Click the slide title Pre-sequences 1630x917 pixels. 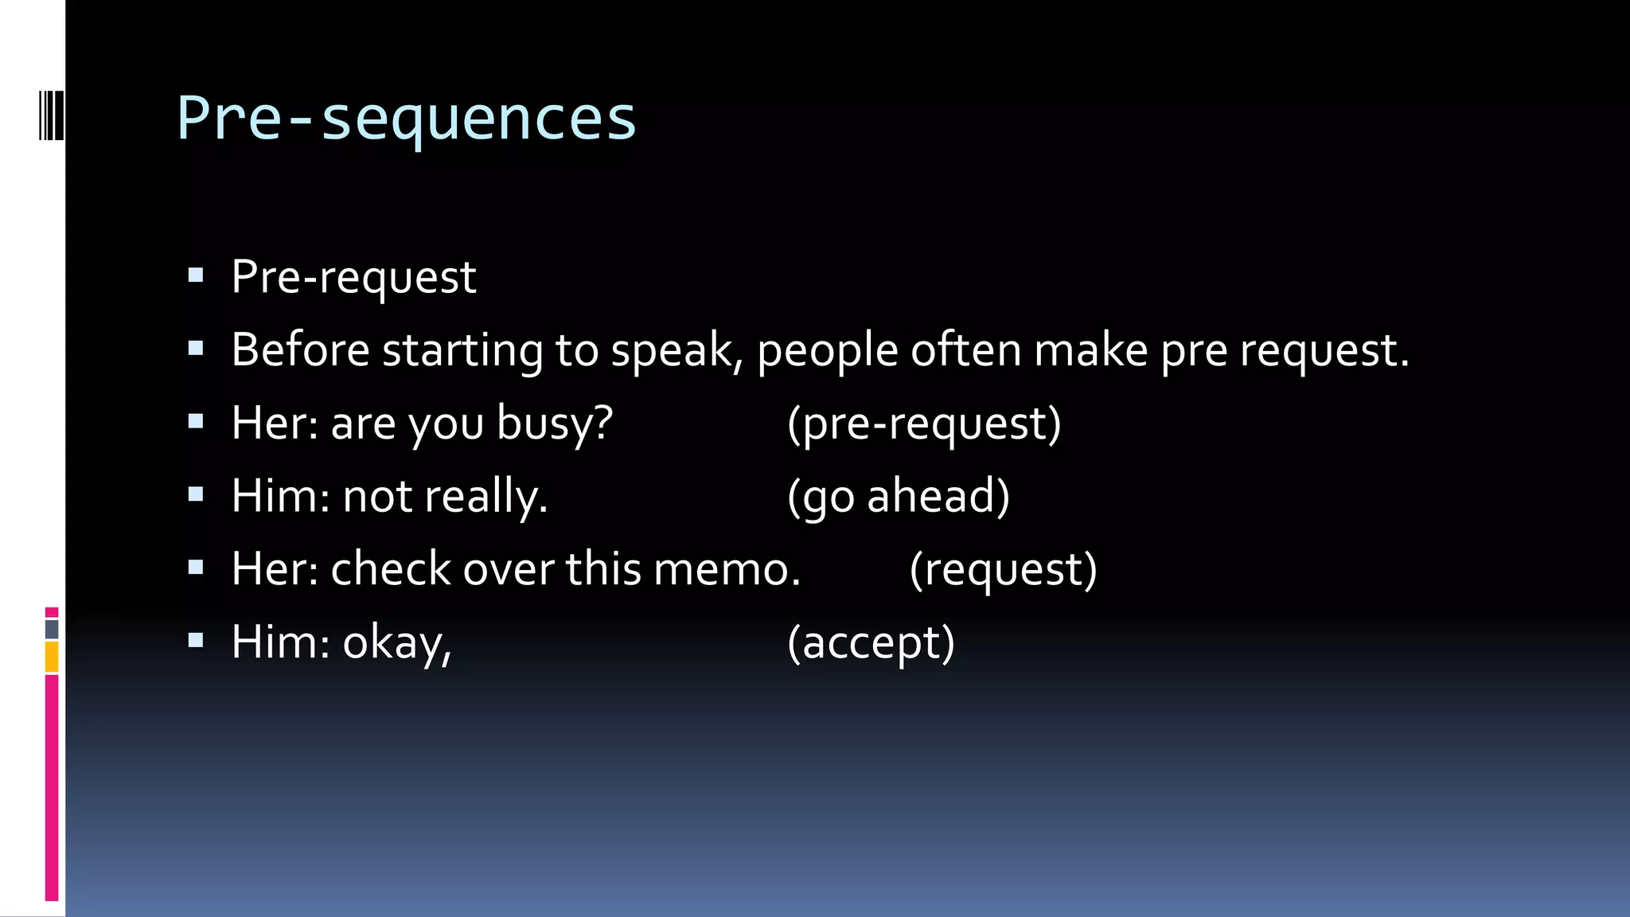[x=406, y=118]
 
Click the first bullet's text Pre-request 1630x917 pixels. [x=353, y=278]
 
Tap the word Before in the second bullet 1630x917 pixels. [x=300, y=349]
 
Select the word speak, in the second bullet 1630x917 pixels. [x=677, y=351]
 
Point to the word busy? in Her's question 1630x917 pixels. [x=555, y=423]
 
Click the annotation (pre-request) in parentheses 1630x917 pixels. [x=924, y=423]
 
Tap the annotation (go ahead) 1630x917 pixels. [x=899, y=497]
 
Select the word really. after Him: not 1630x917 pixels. [x=485, y=498]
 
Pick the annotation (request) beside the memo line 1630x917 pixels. [x=1003, y=570]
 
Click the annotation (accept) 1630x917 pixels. [x=871, y=643]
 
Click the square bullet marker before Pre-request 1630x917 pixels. [x=196, y=275]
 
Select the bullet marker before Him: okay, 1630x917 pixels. [x=196, y=640]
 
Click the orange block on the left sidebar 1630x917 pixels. [x=52, y=658]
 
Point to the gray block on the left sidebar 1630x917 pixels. [x=52, y=630]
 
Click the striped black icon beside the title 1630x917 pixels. [x=51, y=116]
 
